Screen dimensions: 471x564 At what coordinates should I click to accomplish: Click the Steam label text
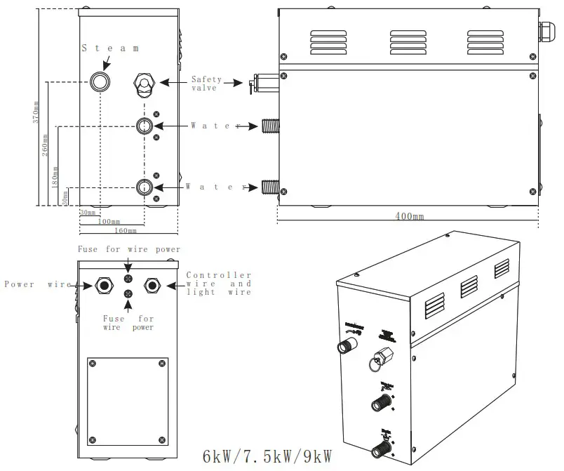(110, 48)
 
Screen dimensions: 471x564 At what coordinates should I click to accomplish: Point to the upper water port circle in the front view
(144, 126)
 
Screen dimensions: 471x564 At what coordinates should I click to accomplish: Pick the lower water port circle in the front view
(144, 187)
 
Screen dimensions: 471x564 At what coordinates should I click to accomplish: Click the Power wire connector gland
(104, 285)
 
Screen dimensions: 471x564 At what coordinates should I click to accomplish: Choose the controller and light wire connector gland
(152, 285)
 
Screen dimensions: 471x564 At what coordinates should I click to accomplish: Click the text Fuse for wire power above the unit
(128, 249)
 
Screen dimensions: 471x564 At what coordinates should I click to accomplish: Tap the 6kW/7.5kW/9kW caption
(267, 457)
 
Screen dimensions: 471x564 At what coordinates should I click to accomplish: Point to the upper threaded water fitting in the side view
(269, 126)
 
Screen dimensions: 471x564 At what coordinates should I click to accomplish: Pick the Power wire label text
(38, 284)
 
